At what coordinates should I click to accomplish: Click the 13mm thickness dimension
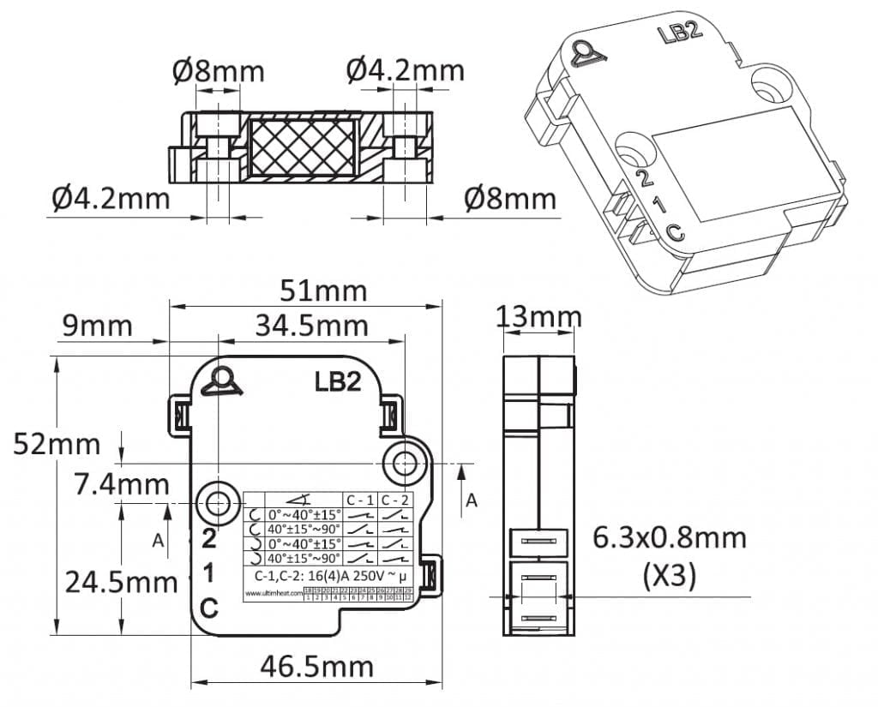point(539,317)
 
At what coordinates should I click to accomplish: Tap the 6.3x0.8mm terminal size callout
point(669,538)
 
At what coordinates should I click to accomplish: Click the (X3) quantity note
point(669,575)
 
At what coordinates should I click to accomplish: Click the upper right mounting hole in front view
point(402,464)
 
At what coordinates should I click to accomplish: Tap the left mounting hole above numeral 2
point(217,500)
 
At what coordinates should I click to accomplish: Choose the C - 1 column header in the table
point(360,500)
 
